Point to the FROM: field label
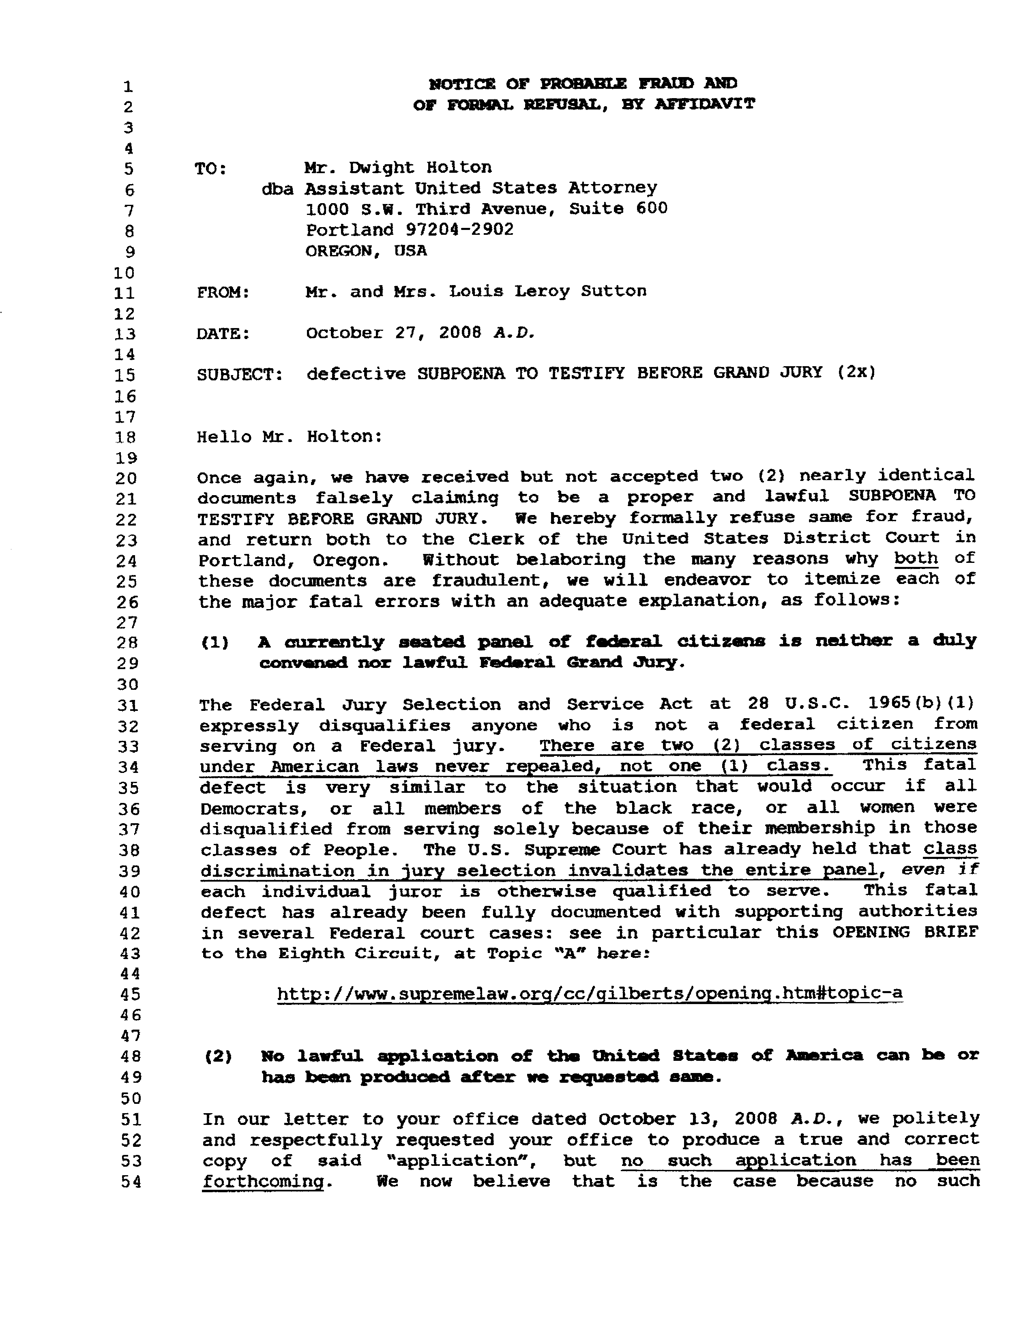tap(223, 293)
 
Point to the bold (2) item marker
tap(218, 1056)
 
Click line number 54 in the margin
tap(130, 1182)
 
